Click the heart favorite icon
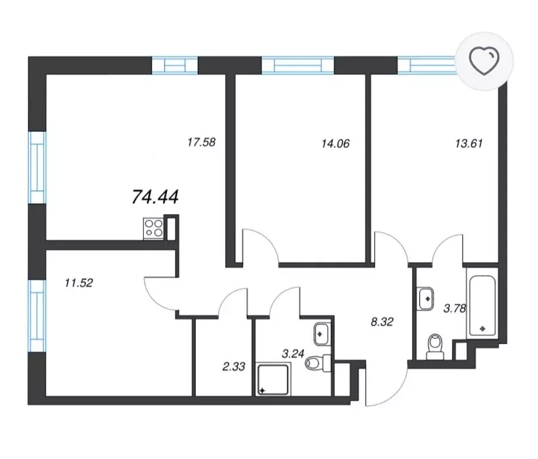(484, 61)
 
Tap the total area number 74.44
(156, 197)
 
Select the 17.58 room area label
(202, 142)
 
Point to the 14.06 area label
(336, 143)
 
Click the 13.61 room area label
(469, 143)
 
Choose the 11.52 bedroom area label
(79, 283)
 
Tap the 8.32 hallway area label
(382, 322)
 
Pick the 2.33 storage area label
(234, 366)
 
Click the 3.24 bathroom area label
(293, 353)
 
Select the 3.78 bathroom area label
(455, 308)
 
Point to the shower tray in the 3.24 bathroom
(273, 380)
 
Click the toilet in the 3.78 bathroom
(436, 347)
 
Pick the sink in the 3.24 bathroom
(322, 334)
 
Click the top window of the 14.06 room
(298, 65)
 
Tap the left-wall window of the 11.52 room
(37, 316)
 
